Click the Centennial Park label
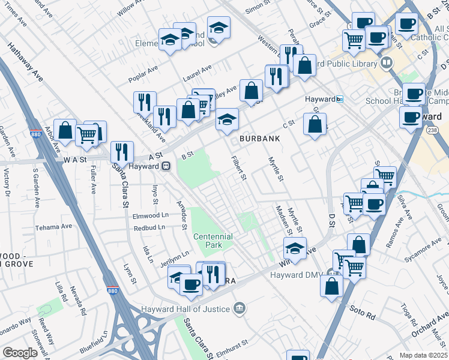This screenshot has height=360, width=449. click(212, 241)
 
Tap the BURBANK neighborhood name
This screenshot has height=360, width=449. click(261, 139)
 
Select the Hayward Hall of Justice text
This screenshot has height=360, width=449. click(185, 309)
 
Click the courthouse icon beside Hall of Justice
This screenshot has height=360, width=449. click(240, 308)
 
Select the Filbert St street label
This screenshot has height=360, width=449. click(240, 168)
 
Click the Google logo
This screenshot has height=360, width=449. click(20, 353)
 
